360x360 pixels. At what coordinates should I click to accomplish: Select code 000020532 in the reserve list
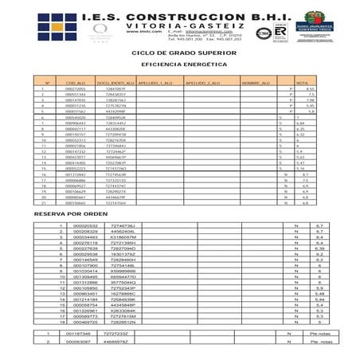coord(84,226)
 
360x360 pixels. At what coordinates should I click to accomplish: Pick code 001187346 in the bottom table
coord(79,333)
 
